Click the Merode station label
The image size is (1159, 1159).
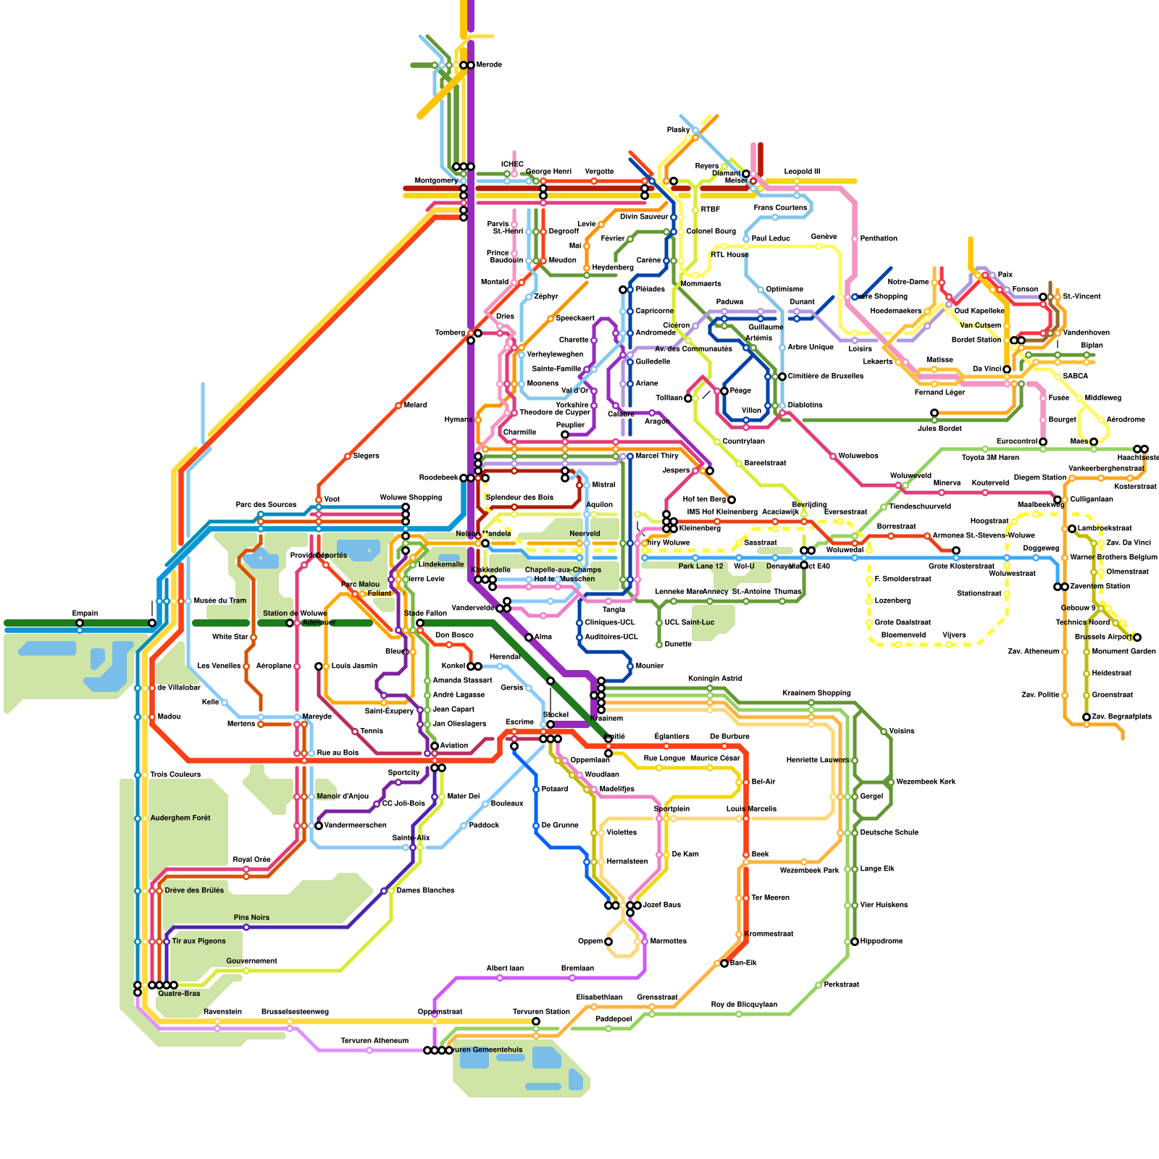(x=489, y=65)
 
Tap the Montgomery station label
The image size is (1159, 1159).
(x=436, y=180)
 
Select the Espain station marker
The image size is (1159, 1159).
(x=80, y=623)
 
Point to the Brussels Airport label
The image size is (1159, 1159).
(x=1102, y=637)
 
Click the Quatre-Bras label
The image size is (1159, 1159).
(x=179, y=994)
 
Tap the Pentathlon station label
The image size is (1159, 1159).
(x=879, y=239)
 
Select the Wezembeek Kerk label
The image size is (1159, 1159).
(x=926, y=782)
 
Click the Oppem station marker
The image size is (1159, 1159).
(x=608, y=942)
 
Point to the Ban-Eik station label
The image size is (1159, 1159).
(x=743, y=963)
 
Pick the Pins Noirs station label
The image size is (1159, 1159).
(x=251, y=918)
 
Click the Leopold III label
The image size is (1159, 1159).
(x=802, y=172)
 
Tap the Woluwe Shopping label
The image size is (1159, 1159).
(x=411, y=498)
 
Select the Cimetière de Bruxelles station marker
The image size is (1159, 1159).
(x=782, y=377)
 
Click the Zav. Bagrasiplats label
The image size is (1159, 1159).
(x=1122, y=717)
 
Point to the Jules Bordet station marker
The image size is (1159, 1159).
(x=934, y=413)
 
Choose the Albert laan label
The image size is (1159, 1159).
(x=505, y=968)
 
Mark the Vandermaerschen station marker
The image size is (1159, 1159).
(x=319, y=826)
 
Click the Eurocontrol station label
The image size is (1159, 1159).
(x=1017, y=442)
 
